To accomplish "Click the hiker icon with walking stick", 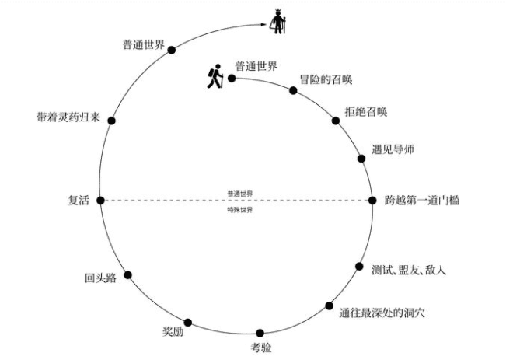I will [x=213, y=75].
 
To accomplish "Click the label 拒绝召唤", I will [x=365, y=110].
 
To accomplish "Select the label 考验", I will [x=262, y=347].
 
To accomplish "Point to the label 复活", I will [x=80, y=201].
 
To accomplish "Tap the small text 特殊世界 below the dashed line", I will [x=239, y=210].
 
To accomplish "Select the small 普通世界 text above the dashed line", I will [x=239, y=193].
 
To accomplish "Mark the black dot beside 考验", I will [x=260, y=333].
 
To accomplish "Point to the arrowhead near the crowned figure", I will [x=264, y=26].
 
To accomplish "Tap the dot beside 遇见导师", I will [x=361, y=159].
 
